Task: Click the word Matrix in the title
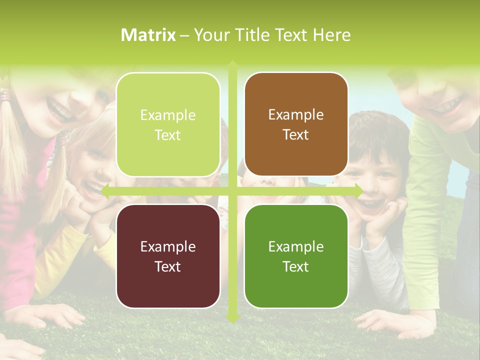(148, 35)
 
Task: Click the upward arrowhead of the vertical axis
(232, 64)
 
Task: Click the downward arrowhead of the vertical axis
(232, 318)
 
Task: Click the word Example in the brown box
(295, 115)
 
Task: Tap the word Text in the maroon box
(167, 266)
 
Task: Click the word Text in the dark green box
(295, 266)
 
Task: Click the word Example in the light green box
(168, 115)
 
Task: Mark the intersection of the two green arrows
(232, 191)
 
